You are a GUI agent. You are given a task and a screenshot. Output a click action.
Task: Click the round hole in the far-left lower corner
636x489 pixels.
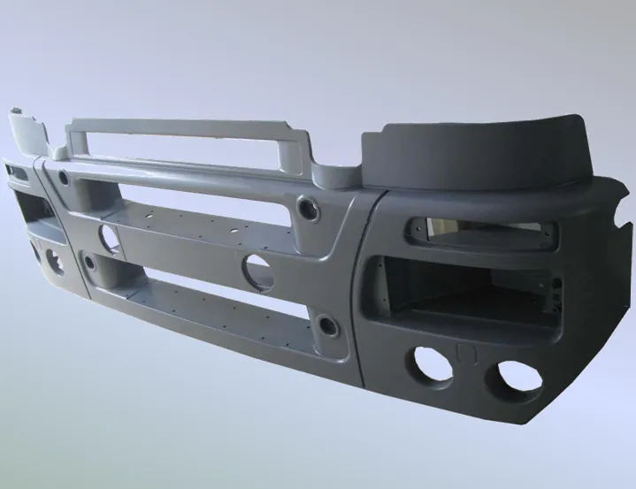[52, 262]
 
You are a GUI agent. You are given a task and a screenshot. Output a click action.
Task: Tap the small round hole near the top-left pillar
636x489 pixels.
[64, 177]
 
